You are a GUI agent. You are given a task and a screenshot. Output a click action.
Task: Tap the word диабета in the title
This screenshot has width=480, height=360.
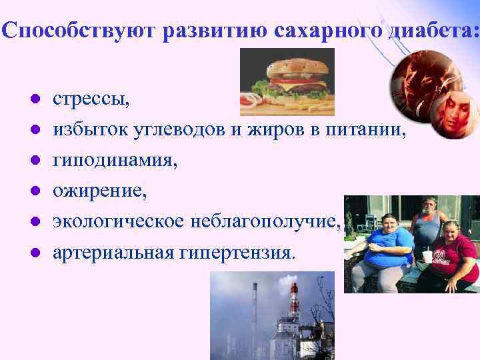[x=434, y=30]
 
